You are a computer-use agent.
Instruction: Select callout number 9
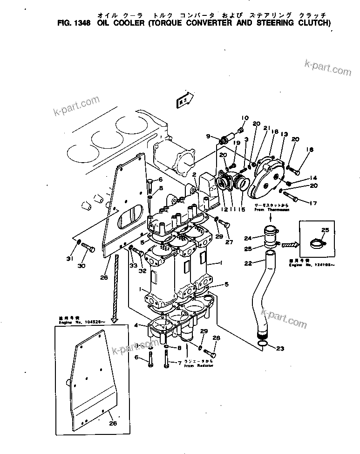[210, 136]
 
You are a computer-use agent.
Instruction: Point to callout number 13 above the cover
[284, 134]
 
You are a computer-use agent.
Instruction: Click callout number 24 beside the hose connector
[247, 238]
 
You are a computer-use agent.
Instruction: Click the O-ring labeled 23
[263, 344]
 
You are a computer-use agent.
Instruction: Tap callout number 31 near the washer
[69, 259]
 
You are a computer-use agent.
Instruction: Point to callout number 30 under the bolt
[82, 266]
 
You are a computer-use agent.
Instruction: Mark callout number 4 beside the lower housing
[136, 325]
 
